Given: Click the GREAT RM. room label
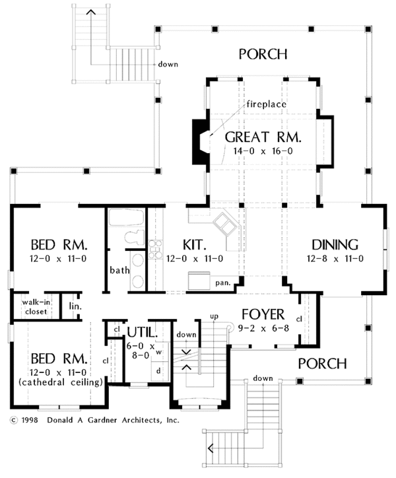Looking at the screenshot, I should tap(263, 138).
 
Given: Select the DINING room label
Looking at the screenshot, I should tap(336, 244).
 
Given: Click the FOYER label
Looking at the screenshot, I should tap(262, 314).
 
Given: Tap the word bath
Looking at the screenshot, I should tap(119, 270).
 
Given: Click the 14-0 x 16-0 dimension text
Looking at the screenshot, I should tap(263, 152).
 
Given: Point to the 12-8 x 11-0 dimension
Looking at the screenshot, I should tap(336, 258).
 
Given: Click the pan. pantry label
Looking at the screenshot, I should tap(222, 283).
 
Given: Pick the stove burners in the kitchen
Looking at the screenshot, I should tap(156, 249).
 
